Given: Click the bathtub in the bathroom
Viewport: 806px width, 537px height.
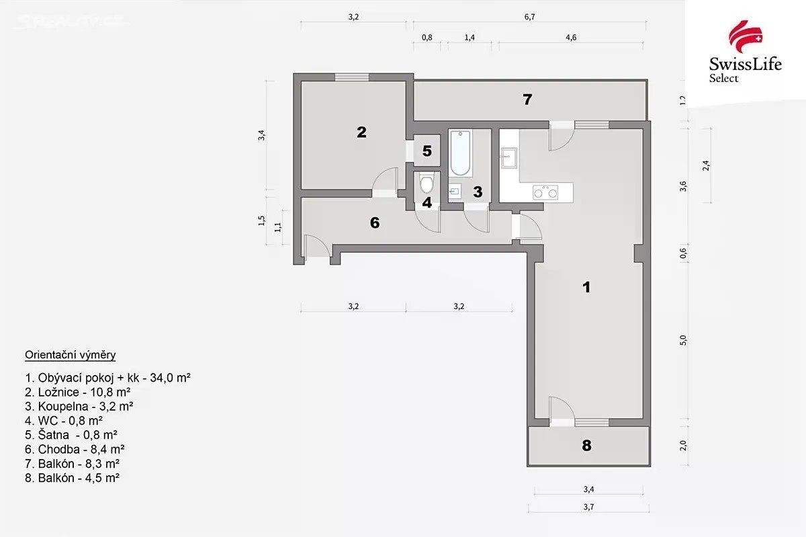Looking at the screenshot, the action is point(460,153).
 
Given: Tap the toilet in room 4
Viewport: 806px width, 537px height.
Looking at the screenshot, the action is point(427,183).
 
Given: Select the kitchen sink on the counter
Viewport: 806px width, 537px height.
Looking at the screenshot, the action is point(508,158).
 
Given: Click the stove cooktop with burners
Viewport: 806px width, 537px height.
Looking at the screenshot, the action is point(545,192).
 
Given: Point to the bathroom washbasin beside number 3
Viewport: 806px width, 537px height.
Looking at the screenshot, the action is point(455,192).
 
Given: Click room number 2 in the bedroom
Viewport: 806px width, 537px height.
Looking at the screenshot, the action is point(361,132).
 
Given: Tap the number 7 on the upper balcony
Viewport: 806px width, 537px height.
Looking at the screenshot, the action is point(527,99).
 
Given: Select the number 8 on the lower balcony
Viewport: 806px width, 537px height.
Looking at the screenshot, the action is point(586,446).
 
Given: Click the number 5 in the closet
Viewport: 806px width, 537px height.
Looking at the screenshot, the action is point(427,151).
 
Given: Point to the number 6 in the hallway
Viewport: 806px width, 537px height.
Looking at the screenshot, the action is point(375,222).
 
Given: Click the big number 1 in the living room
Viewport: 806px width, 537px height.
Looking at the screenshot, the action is point(586,287).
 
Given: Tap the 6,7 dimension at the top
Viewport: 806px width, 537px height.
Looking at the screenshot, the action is point(529,17).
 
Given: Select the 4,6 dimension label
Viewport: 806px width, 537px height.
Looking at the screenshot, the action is point(571,38).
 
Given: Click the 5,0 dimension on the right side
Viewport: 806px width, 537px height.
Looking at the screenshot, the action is point(683,340).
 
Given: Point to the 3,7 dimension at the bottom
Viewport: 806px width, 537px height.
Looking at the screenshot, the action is point(588,507).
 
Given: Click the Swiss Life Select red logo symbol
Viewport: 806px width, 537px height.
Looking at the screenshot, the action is point(745,36).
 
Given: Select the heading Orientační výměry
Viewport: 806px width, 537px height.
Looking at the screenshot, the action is point(70,355).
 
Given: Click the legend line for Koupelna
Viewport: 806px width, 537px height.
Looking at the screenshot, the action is point(79,406).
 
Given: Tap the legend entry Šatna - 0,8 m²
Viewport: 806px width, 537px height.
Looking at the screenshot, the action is point(71,435).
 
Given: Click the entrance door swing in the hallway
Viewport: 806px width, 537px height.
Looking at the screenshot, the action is point(317,245).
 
